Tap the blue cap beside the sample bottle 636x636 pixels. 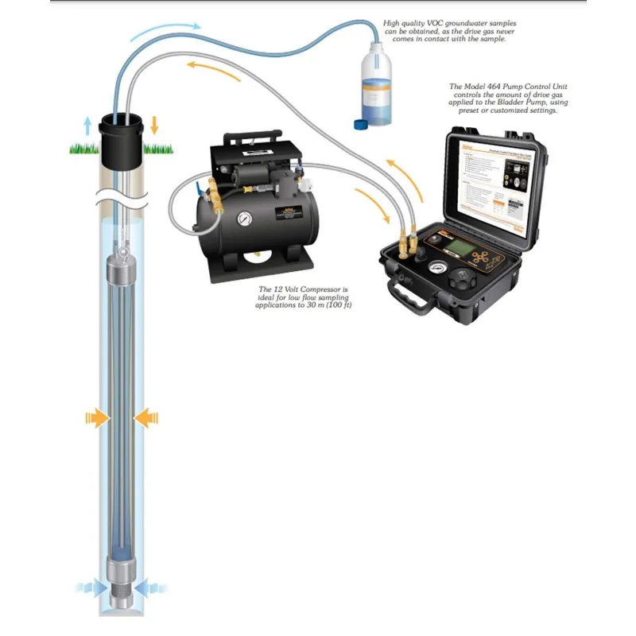point(358,124)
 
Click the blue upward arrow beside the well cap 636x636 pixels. point(87,125)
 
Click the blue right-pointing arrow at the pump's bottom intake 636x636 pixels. point(90,588)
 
